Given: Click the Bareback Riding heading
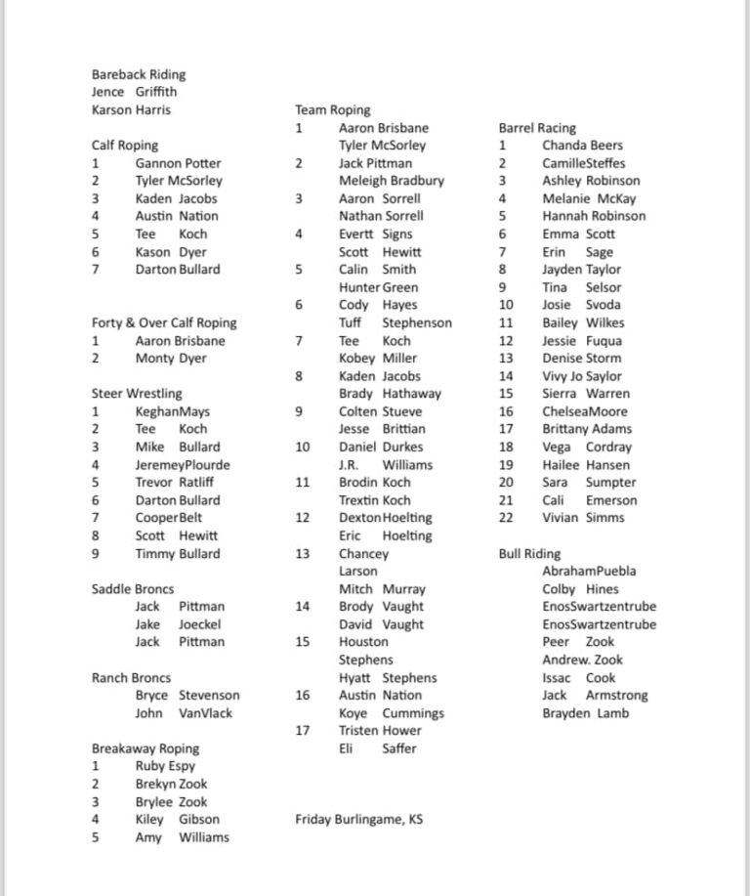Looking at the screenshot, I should [x=138, y=74].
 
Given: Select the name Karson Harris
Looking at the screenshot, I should [x=131, y=109].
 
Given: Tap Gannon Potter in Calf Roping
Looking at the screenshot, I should [x=178, y=163].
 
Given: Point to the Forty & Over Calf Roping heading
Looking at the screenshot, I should [x=164, y=322].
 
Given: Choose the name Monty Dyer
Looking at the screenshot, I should [x=171, y=359].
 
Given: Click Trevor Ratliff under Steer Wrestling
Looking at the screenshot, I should [x=174, y=482].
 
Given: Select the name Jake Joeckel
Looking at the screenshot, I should [x=178, y=624].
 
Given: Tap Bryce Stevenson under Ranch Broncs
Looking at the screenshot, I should [x=187, y=695].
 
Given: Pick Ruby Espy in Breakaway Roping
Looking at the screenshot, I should [x=165, y=766].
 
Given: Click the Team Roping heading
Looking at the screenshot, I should [x=333, y=110].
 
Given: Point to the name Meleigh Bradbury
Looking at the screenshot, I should [x=391, y=181].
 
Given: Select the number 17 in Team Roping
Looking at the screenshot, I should [x=303, y=730].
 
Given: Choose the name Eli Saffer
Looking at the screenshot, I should [x=377, y=748].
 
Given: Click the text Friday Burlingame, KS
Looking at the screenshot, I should [x=358, y=819].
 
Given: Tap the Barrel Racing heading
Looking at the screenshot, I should [x=537, y=128].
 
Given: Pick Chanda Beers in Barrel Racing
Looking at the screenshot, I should [x=582, y=146].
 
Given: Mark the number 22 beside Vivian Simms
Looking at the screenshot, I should [x=506, y=518].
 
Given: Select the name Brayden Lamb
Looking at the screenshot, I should [x=585, y=713].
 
